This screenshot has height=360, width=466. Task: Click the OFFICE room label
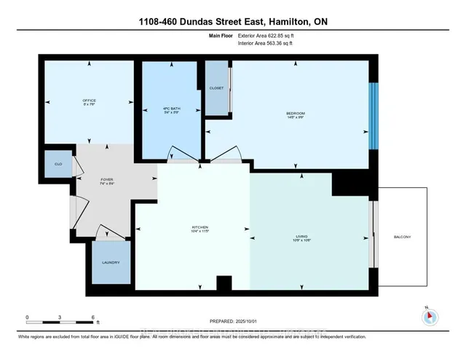point(89,100)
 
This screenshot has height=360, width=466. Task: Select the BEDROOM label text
point(295,113)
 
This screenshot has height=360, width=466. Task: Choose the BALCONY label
point(402,237)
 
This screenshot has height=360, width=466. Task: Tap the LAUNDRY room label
point(111,262)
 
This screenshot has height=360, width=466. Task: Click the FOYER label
point(106,179)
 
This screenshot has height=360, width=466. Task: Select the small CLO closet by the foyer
point(59,165)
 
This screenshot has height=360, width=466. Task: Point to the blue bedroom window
point(374,115)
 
